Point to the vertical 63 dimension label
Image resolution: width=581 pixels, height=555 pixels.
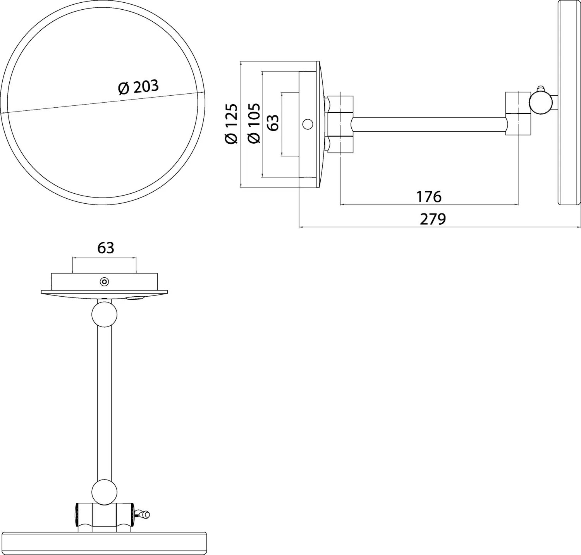[x=273, y=122]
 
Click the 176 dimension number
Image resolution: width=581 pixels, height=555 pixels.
[x=429, y=197]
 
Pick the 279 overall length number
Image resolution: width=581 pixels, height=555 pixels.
[x=433, y=219]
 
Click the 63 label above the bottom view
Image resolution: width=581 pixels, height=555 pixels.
[x=105, y=248]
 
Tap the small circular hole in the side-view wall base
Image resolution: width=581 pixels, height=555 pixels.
[x=308, y=124]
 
